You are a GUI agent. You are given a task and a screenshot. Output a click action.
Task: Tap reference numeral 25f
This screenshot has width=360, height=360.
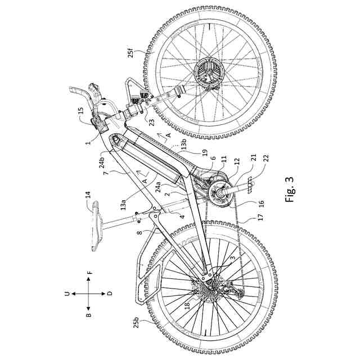coord(130,53)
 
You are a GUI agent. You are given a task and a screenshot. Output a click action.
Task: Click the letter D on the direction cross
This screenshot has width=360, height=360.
coord(110,293)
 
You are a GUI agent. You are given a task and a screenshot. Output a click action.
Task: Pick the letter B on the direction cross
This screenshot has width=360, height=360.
coord(88,315)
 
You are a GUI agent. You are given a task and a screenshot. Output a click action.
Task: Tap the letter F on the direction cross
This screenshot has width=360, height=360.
coord(89,272)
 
